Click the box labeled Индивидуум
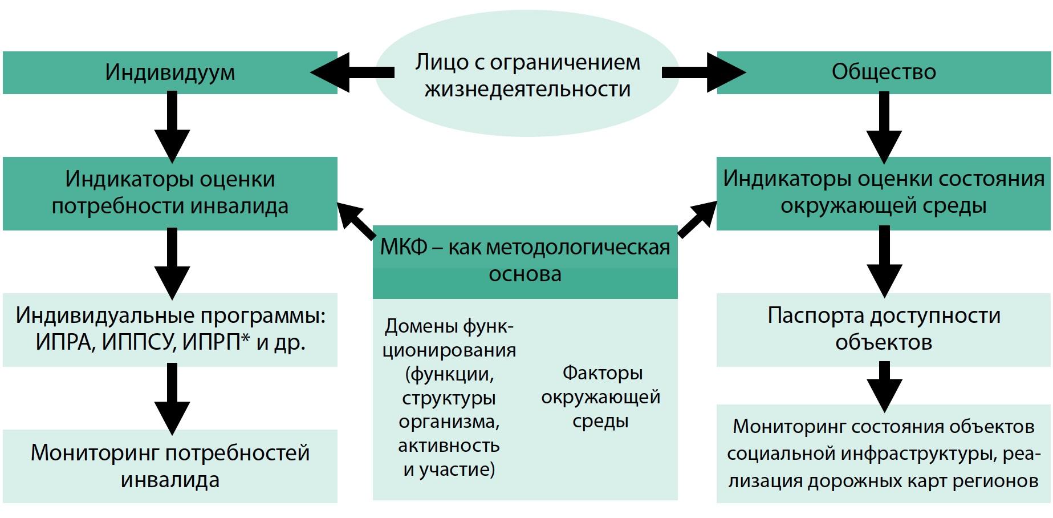(170, 72)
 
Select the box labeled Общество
(883, 72)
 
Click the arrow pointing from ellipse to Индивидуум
(351, 72)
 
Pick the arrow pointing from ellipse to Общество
(704, 72)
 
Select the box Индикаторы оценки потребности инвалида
(170, 193)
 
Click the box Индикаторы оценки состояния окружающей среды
(883, 192)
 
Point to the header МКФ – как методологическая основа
(525, 261)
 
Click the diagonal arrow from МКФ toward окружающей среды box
(697, 219)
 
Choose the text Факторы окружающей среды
(600, 397)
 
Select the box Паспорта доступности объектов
(883, 329)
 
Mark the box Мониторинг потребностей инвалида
(170, 466)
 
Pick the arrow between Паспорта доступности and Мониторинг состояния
(884, 386)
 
